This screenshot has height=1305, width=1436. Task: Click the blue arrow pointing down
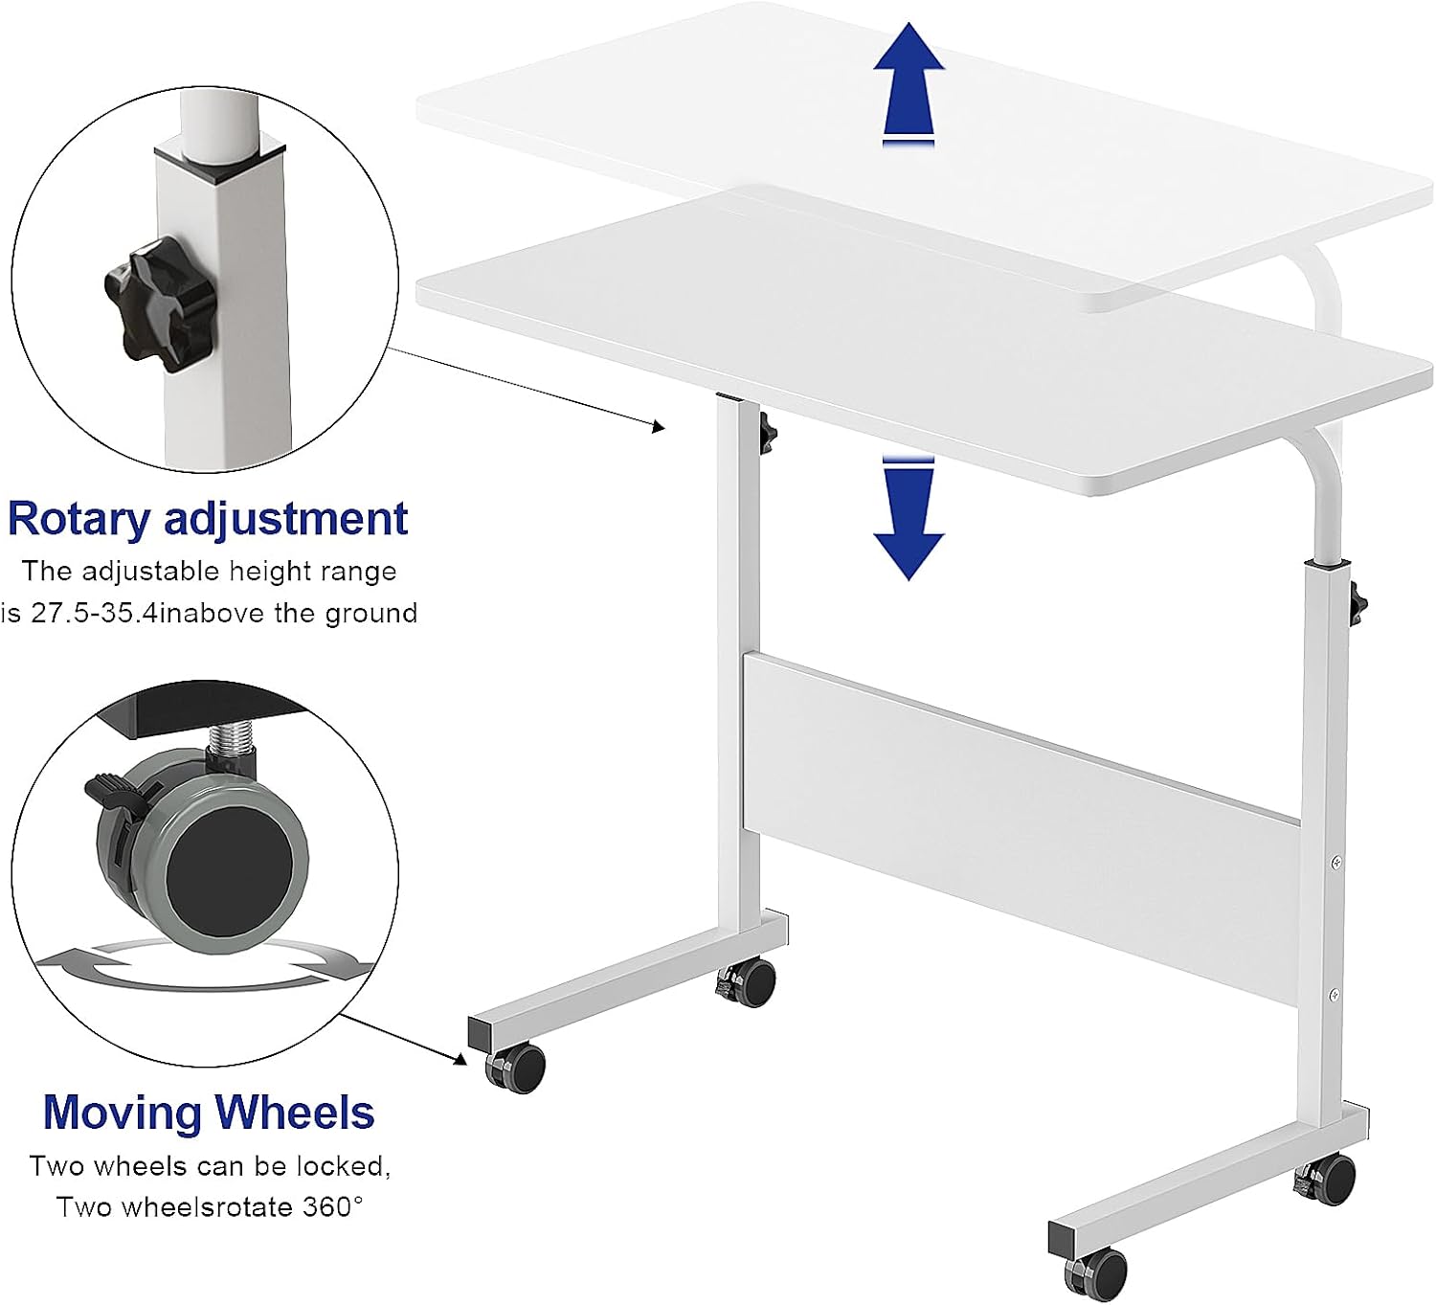click(909, 519)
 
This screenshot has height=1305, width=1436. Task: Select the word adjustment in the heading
click(286, 519)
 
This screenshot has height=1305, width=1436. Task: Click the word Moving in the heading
click(123, 1114)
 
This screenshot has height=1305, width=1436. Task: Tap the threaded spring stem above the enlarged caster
click(232, 743)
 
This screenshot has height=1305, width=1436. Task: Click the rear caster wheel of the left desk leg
click(747, 982)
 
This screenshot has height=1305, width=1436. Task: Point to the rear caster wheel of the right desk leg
click(1327, 1181)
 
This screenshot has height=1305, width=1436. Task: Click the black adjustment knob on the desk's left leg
click(768, 433)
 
